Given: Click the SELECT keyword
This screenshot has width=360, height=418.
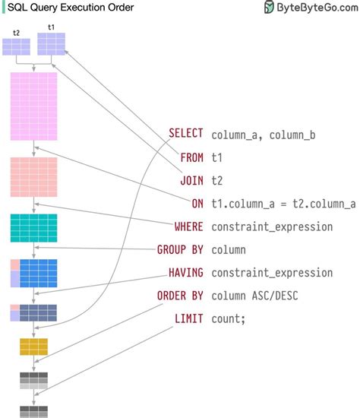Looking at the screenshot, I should point(185,135).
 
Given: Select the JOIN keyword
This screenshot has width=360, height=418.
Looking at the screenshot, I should point(191,181).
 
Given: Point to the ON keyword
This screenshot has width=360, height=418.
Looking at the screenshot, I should point(197,204).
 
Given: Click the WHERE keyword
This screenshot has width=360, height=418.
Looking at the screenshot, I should point(188,226).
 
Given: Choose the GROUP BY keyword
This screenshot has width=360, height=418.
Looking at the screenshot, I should point(180,249).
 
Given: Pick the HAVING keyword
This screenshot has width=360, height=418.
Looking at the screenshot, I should point(185,273).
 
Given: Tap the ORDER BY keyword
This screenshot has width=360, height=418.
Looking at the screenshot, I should point(180,296).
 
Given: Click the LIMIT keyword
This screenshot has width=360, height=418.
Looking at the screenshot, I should point(188,318).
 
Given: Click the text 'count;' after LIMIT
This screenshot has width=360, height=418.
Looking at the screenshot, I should point(229,319).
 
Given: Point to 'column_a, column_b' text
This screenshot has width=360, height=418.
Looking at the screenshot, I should point(264,135).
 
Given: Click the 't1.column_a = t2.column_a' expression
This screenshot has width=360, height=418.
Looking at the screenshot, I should point(283,204).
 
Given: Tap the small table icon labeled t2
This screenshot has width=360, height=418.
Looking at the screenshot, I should point(16,46).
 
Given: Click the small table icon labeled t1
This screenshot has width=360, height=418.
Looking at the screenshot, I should point(52,44).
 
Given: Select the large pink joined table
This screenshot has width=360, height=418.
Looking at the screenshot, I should point(33,106).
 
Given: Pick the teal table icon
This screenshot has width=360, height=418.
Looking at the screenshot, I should point(33,227).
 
